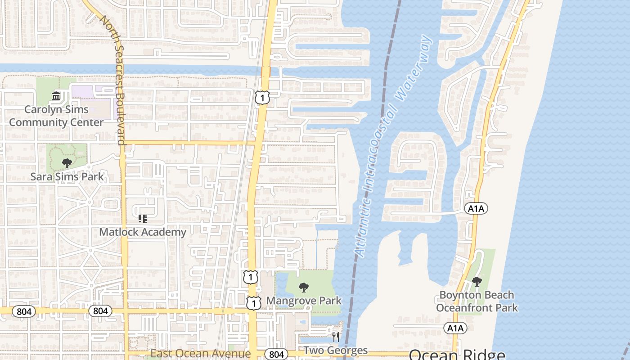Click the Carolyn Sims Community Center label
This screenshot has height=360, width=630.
click(56, 116)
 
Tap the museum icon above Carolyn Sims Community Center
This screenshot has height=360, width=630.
click(56, 96)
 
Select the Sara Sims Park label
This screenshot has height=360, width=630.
click(67, 177)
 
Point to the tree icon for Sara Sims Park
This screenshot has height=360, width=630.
click(67, 163)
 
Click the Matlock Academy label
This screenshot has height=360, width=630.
click(143, 232)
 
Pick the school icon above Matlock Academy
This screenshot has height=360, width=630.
click(143, 219)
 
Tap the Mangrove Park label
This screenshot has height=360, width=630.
click(304, 301)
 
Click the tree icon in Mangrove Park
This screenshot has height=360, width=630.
click(304, 287)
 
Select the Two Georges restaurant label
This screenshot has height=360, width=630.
click(335, 350)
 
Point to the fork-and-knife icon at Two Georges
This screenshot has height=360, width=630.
click(335, 337)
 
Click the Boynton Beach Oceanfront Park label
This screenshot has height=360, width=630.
click(477, 301)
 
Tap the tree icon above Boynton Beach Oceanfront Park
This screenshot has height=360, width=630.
click(477, 282)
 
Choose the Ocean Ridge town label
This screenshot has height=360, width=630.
click(457, 354)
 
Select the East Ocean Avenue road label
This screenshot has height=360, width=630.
click(200, 353)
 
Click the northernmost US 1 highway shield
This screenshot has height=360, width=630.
click(262, 98)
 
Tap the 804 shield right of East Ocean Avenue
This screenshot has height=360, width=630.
click(276, 354)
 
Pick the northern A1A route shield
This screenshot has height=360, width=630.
click(476, 208)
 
